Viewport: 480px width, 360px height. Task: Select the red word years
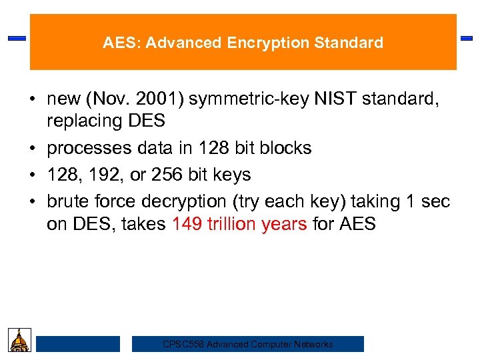point(285,224)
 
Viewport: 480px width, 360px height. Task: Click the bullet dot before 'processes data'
point(32,148)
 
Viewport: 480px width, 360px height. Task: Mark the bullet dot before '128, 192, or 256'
point(32,175)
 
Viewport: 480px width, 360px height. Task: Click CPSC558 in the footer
point(183,345)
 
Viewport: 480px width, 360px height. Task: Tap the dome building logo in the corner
point(19,340)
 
